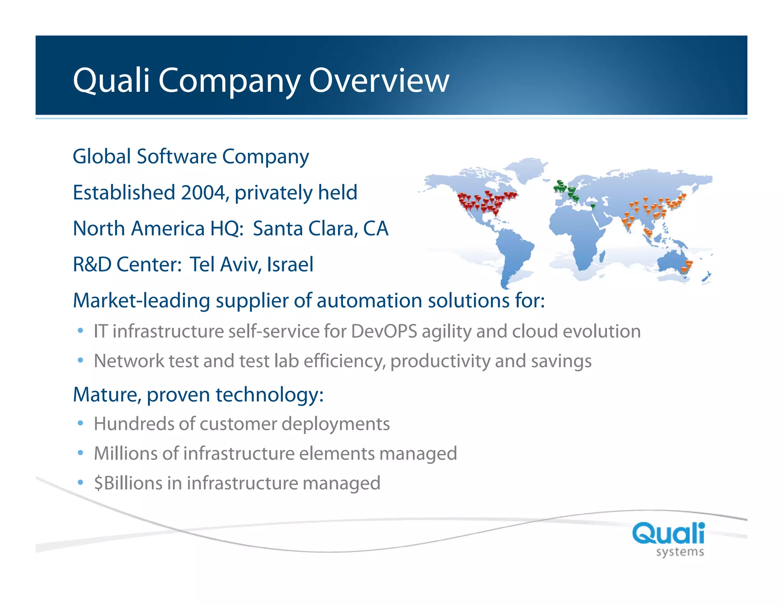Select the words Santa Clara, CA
(x=320, y=229)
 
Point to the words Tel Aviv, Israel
(x=252, y=265)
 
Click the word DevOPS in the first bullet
(x=384, y=331)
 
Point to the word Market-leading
(x=141, y=301)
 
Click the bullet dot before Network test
(x=80, y=360)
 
